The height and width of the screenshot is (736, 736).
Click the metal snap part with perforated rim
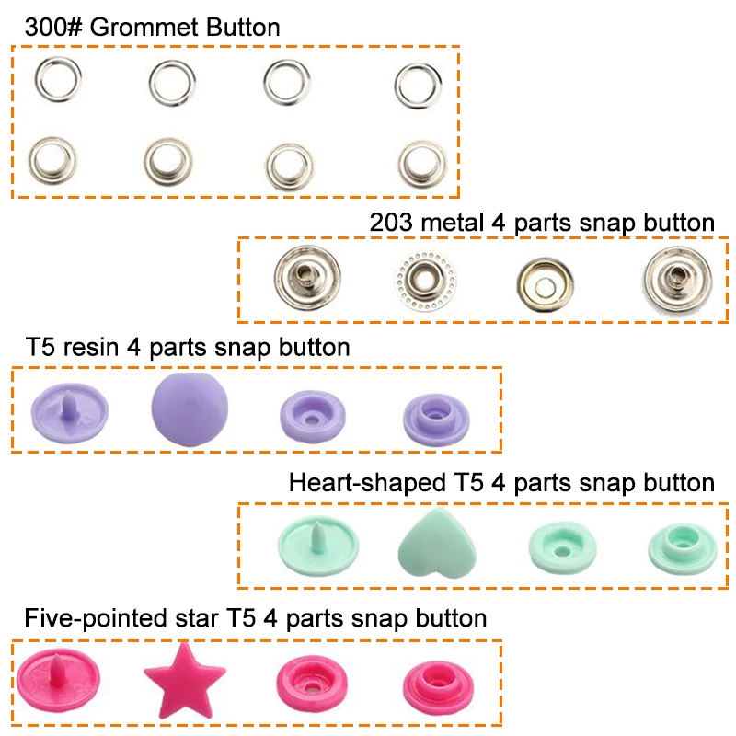coord(425,277)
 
